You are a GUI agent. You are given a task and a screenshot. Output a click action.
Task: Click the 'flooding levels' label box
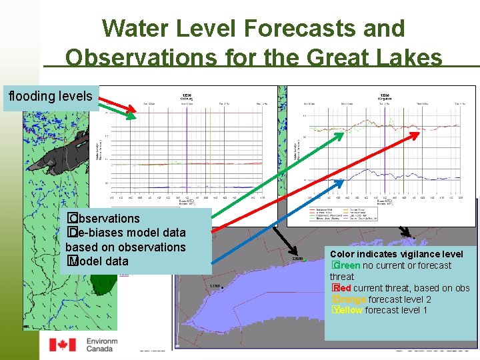(51, 97)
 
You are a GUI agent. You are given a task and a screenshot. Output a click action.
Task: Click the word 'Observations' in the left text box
(107, 219)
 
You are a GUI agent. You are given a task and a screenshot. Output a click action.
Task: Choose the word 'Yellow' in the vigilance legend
(347, 310)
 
